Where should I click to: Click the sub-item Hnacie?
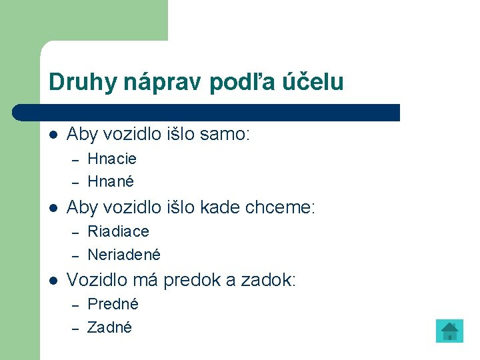112,159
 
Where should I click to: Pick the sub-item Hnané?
111,181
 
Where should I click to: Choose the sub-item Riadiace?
119,231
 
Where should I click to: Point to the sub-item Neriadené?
124,255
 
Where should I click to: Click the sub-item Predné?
113,304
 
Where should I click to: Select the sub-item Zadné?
110,327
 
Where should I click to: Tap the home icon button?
449,331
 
